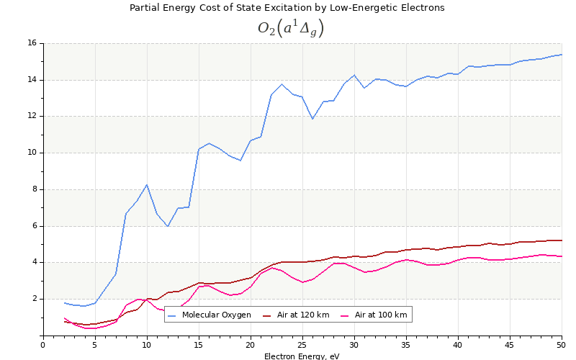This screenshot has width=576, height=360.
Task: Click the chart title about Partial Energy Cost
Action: [287, 8]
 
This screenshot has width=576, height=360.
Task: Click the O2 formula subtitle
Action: [291, 28]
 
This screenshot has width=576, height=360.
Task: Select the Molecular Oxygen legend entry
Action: [216, 315]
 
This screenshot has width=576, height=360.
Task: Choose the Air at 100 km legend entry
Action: [380, 315]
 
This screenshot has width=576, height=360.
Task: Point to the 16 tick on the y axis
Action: [32, 43]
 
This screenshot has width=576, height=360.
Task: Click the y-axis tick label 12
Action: [32, 116]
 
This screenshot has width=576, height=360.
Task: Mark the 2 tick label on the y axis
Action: [34, 299]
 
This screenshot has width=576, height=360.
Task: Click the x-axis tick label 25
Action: [302, 346]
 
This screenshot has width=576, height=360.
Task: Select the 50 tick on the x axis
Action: [562, 346]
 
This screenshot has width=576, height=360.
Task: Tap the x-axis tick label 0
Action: [43, 346]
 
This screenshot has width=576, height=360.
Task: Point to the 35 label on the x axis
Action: [406, 346]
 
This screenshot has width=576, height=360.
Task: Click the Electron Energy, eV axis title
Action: [302, 356]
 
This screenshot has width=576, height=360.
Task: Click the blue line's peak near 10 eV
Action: [147, 184]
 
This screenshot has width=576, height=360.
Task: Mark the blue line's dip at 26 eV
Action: [312, 119]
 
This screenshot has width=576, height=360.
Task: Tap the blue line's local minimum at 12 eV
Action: [168, 226]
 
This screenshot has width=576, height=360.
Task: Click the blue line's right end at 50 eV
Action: [562, 55]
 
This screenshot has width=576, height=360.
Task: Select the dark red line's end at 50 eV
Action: [562, 240]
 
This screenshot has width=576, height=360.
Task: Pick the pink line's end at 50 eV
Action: [562, 256]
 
